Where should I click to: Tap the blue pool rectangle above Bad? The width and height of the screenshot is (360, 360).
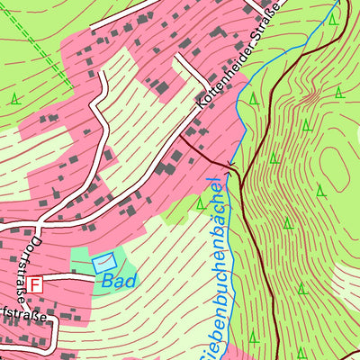(x=104, y=262)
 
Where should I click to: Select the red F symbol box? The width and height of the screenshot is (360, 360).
(x=34, y=284)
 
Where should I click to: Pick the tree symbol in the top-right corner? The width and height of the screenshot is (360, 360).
(x=334, y=18)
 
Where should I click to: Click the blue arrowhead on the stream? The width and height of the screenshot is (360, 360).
(x=229, y=167)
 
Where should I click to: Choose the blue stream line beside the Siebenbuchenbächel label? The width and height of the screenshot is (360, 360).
(x=226, y=270)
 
